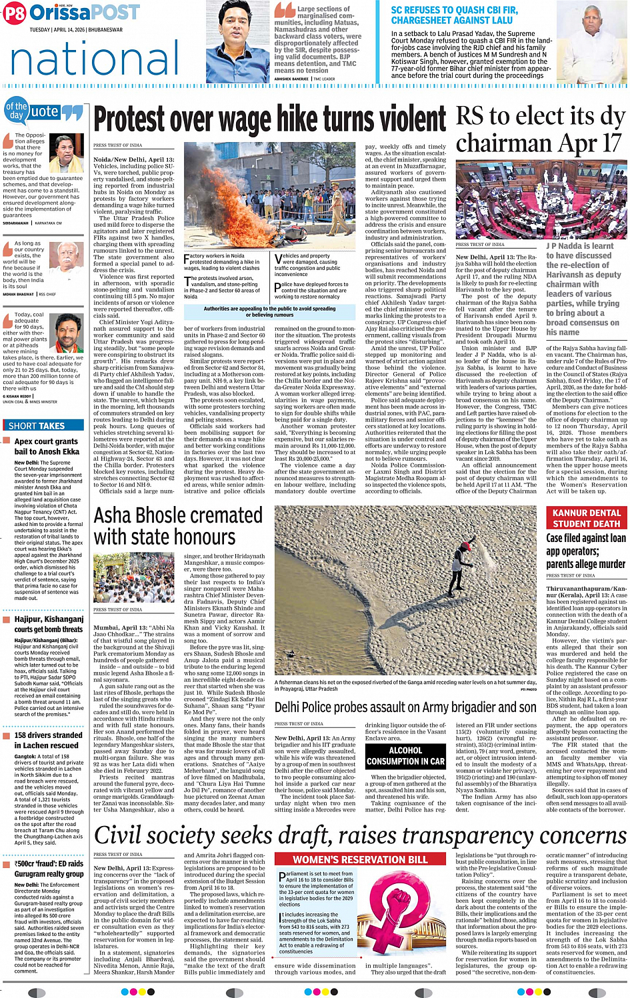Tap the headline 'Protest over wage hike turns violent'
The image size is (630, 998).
tap(270, 121)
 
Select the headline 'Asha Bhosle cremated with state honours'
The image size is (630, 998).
tap(169, 527)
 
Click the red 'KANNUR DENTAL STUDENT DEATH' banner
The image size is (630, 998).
tap(587, 518)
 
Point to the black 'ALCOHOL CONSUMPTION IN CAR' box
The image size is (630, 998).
tap(405, 756)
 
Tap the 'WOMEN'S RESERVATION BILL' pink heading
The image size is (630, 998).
tap(360, 860)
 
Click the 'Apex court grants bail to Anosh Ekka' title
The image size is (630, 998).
tap(47, 447)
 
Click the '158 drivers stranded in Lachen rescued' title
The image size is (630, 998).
tap(47, 740)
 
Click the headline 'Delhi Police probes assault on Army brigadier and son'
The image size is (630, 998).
tap(405, 707)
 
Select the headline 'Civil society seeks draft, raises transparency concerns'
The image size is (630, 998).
tap(360, 835)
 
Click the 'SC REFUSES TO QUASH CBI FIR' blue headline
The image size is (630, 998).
tap(454, 15)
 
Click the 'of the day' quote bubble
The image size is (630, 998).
tap(17, 111)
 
